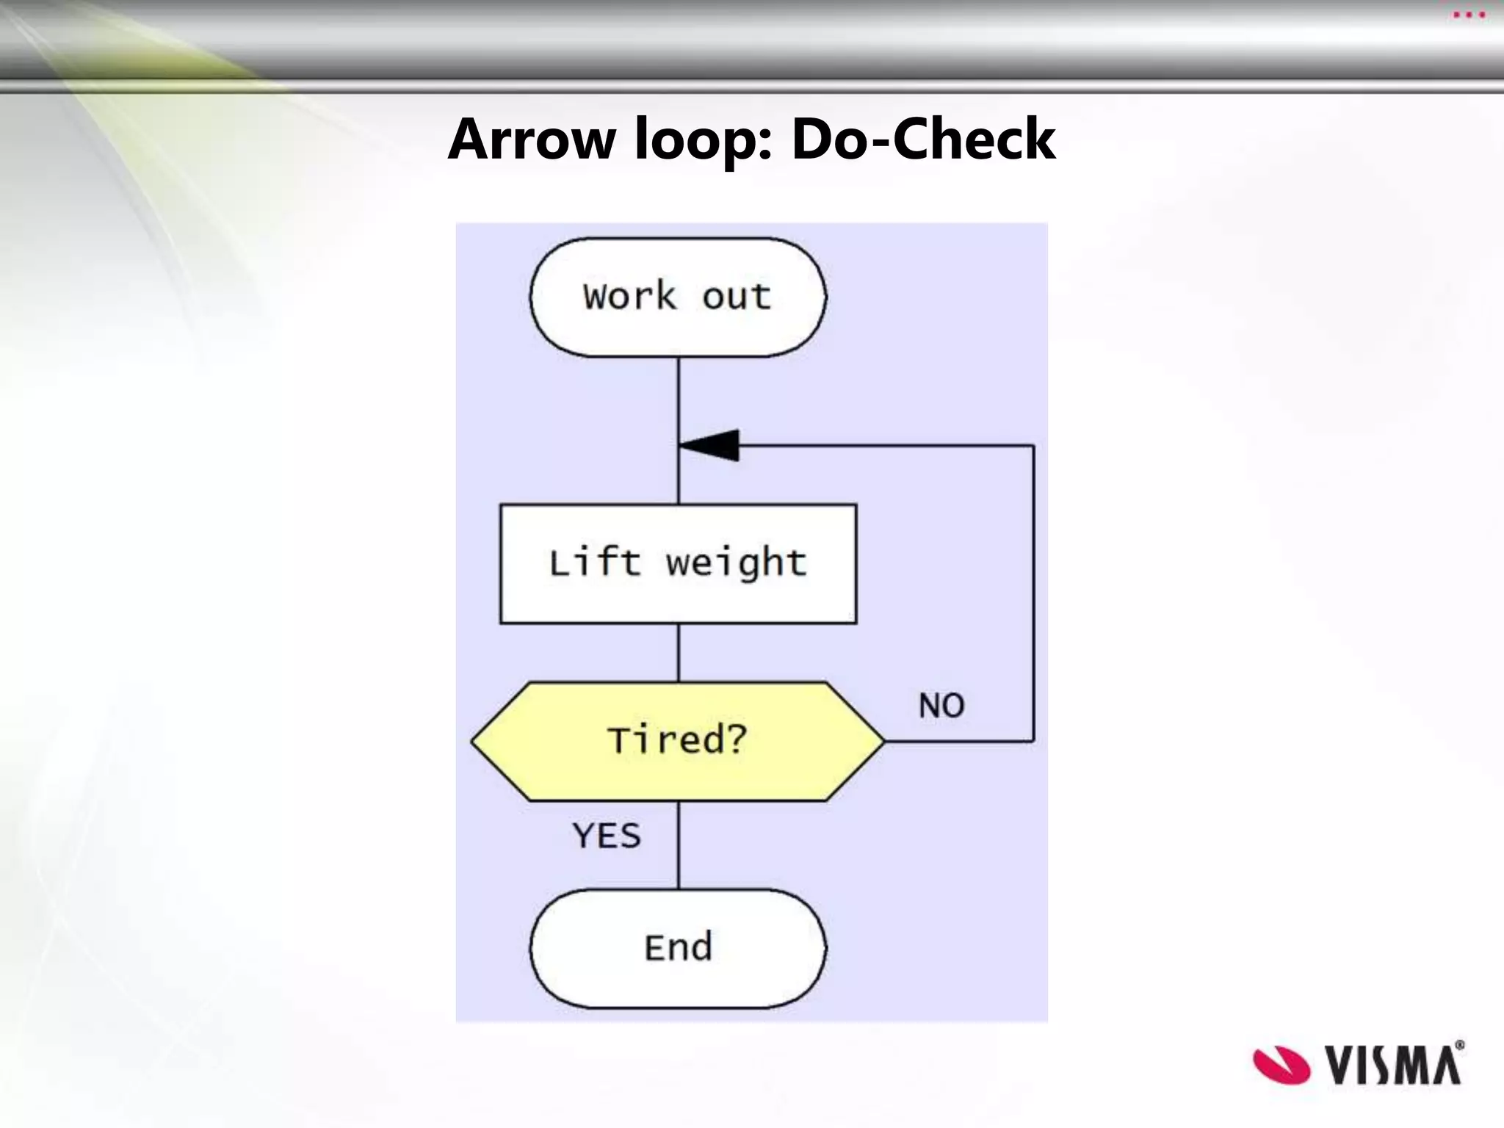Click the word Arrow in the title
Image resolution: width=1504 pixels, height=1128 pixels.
(532, 140)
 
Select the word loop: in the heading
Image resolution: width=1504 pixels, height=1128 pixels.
(704, 140)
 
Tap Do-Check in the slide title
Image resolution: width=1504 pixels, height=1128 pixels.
(923, 140)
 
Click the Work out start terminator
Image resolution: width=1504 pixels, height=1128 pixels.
(677, 297)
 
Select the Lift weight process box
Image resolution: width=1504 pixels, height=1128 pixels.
(677, 564)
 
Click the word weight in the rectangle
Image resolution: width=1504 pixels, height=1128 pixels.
(737, 564)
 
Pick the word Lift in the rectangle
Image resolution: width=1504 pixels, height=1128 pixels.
(595, 564)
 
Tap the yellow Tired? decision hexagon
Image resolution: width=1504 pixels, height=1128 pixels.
(677, 741)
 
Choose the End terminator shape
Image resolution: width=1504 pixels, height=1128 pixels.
(677, 948)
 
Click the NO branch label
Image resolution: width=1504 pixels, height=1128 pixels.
(941, 706)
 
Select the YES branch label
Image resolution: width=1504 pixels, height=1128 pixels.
(607, 836)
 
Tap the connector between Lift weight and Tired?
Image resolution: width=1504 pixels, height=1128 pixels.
(679, 653)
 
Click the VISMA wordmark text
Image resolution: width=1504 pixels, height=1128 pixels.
(1393, 1066)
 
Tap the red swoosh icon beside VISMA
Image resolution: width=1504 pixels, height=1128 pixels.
(1281, 1065)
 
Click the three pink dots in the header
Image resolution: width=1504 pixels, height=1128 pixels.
(1469, 15)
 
